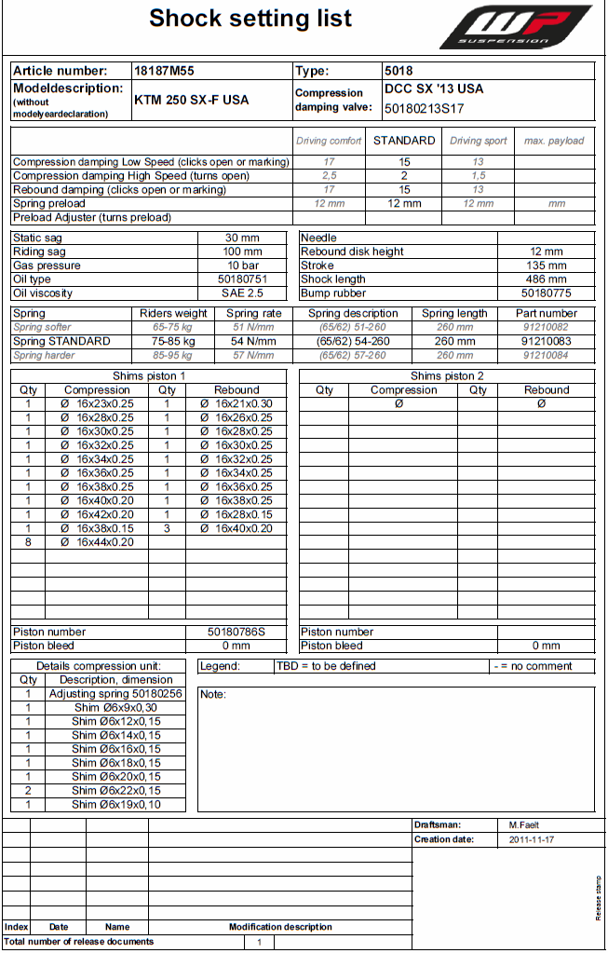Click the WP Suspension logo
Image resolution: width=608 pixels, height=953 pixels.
coord(516,28)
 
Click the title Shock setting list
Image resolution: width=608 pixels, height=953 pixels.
coord(250,18)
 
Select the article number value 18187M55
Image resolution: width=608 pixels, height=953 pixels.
coord(164,71)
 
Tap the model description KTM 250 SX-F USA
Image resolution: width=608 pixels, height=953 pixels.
coord(192,100)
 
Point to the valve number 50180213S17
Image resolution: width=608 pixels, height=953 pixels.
coord(424,108)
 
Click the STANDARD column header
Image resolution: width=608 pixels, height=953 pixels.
coord(404,141)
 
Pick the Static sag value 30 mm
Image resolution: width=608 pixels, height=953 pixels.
coord(242,238)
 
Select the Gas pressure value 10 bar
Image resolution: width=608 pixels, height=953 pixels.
coord(242,265)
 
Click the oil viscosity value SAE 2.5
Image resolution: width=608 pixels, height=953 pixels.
coord(242,293)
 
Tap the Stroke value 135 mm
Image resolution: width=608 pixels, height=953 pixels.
coord(546,265)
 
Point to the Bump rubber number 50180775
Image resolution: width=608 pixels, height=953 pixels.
coord(546,293)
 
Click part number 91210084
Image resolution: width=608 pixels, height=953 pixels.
coord(546,356)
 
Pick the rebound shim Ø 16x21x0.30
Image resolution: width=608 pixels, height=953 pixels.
coord(236,404)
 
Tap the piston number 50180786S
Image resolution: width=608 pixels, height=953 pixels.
coord(236,632)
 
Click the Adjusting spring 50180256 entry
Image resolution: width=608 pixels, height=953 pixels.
coord(116,694)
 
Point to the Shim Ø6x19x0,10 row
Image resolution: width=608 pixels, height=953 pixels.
coord(116,804)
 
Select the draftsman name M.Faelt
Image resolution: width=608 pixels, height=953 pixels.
coord(524,825)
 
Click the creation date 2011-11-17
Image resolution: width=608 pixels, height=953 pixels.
coord(531,839)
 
